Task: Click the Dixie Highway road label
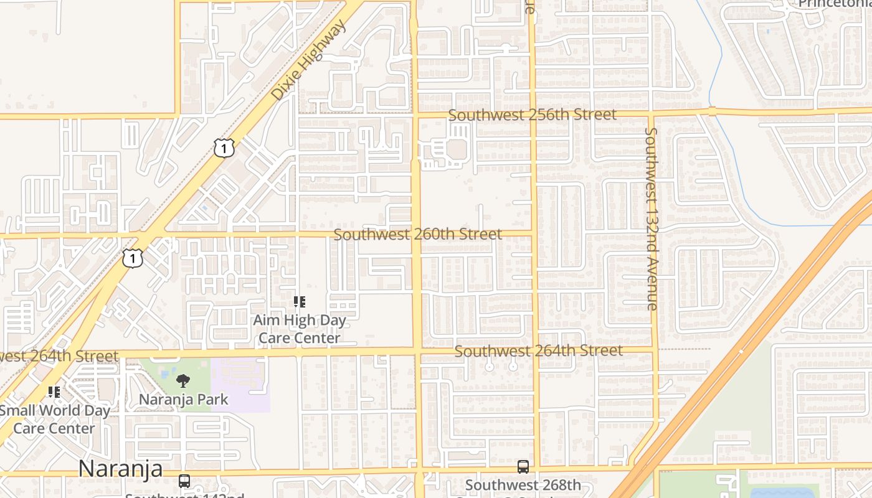(x=308, y=60)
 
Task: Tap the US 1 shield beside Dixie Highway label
(x=224, y=148)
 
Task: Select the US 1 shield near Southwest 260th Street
(x=133, y=258)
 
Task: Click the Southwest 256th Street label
(x=533, y=115)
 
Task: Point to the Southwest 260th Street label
(x=417, y=234)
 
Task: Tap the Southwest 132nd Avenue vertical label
(x=652, y=218)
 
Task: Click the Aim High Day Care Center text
(x=300, y=329)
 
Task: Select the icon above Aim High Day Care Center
(x=300, y=303)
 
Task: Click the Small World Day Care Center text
(x=54, y=419)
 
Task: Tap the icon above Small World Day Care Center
(x=54, y=392)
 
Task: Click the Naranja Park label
(x=184, y=399)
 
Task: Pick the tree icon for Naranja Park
(x=183, y=381)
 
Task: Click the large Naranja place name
(x=120, y=468)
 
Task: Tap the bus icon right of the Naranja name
(x=184, y=481)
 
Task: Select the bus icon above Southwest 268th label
(x=523, y=467)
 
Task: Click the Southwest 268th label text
(x=523, y=485)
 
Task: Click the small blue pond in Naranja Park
(x=164, y=375)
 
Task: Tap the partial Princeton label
(x=835, y=4)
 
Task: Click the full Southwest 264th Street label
(x=539, y=350)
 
